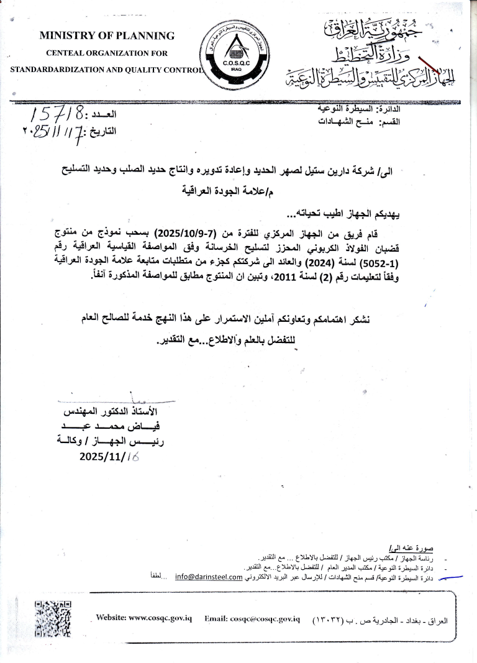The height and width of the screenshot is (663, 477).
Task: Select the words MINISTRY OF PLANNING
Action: point(107,35)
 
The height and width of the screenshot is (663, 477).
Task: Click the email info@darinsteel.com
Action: point(208,577)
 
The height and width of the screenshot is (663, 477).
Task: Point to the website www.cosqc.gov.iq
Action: point(144,619)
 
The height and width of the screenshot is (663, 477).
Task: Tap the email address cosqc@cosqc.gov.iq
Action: point(252,619)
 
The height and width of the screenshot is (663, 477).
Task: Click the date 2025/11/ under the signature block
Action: point(104,456)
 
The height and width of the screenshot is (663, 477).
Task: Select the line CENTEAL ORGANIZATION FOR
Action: point(107,53)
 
